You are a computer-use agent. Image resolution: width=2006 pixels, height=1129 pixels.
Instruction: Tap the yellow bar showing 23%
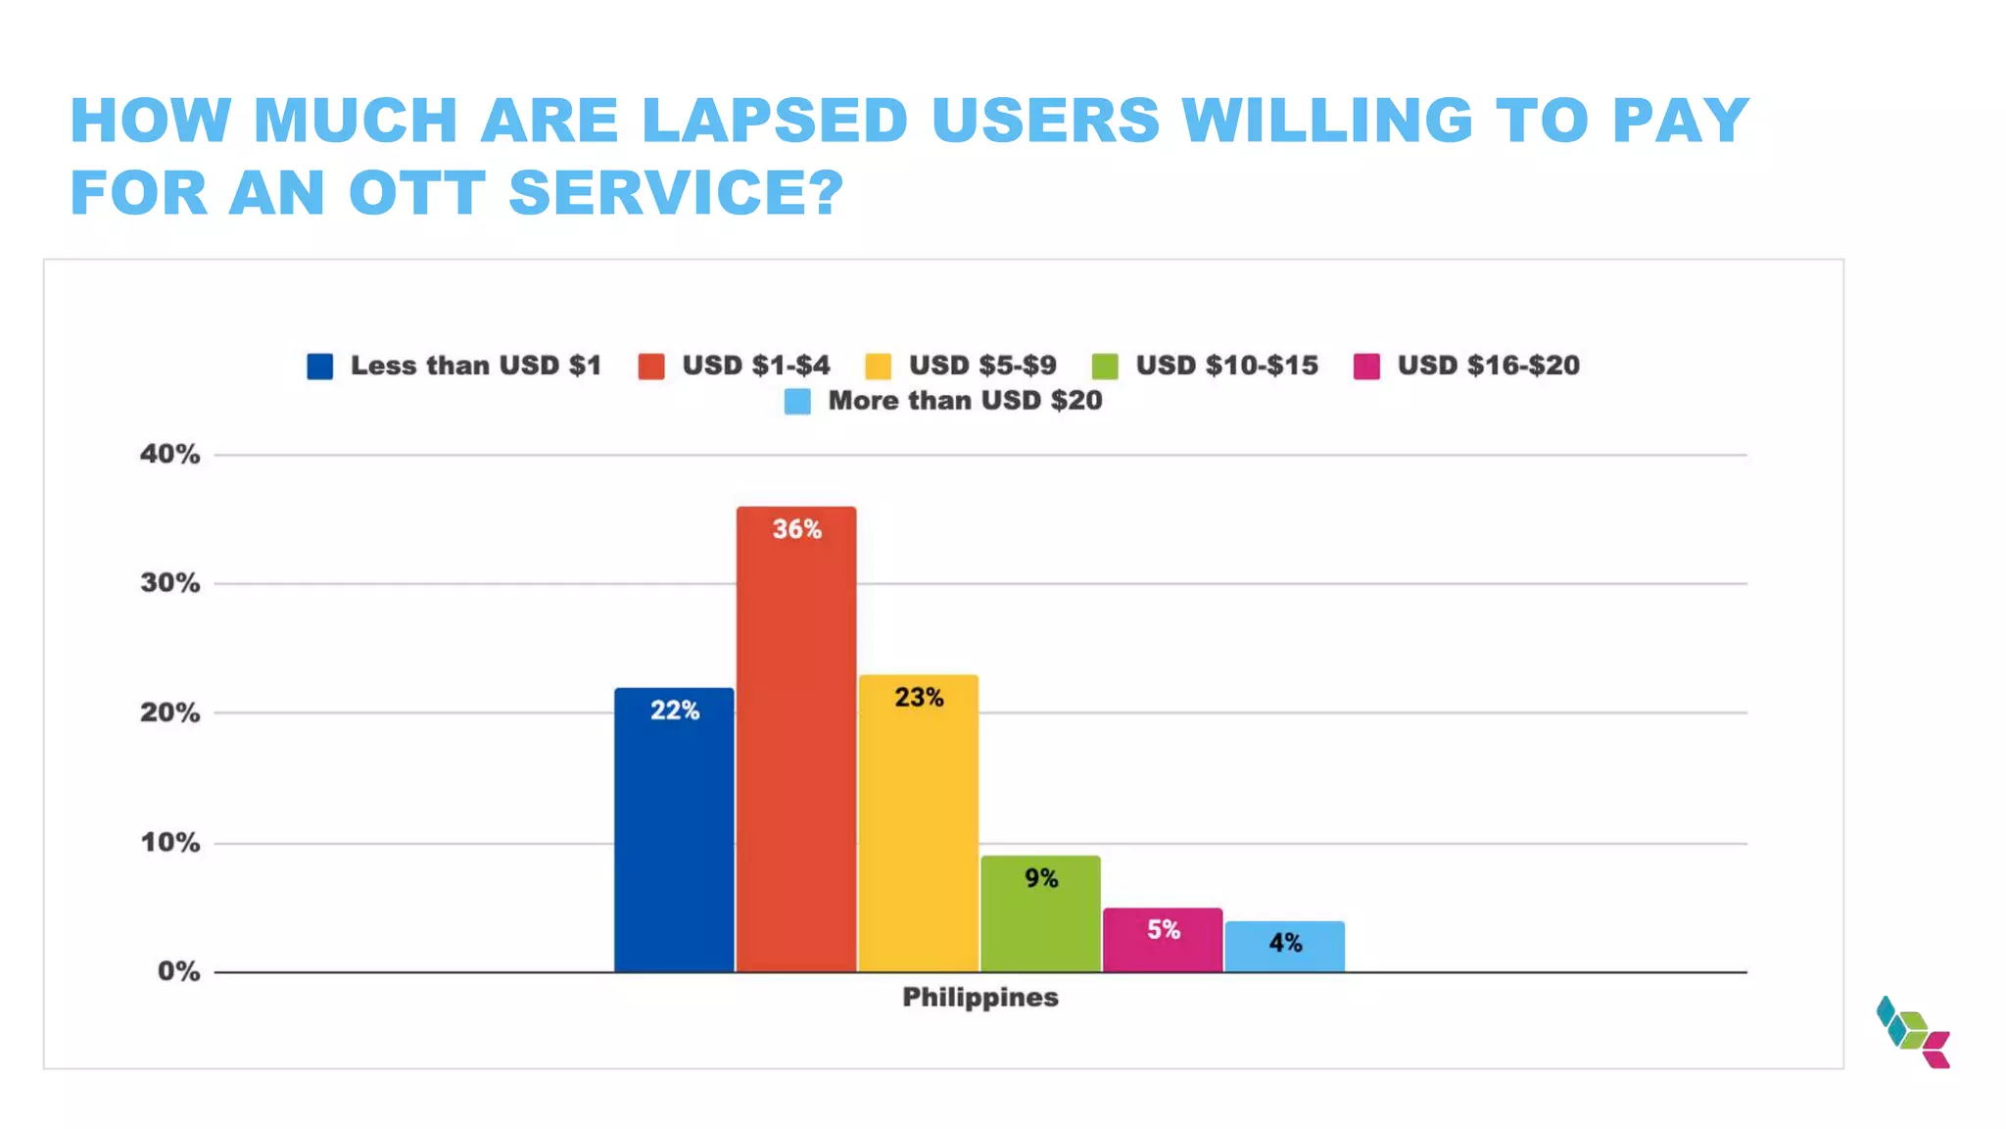pyautogui.click(x=919, y=823)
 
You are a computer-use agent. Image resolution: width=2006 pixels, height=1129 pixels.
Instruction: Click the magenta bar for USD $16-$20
pyautogui.click(x=1163, y=940)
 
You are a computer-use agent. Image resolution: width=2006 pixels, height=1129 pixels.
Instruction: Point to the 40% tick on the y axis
pyautogui.click(x=169, y=454)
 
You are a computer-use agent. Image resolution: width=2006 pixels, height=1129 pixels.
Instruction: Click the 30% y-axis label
pyautogui.click(x=169, y=583)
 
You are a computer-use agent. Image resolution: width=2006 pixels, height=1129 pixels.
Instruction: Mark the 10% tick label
pyautogui.click(x=169, y=843)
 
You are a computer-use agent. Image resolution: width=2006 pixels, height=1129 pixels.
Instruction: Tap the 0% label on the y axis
pyautogui.click(x=178, y=971)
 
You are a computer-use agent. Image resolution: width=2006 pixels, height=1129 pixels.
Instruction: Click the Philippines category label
pyautogui.click(x=979, y=998)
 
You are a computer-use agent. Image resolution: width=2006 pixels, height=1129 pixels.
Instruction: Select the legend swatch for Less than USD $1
pyautogui.click(x=319, y=367)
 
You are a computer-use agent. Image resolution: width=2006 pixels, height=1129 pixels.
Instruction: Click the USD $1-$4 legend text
pyautogui.click(x=755, y=366)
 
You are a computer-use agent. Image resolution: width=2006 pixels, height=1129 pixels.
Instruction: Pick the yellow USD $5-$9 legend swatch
pyautogui.click(x=878, y=367)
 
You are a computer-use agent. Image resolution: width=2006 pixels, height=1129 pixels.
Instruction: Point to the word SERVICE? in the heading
pyautogui.click(x=676, y=192)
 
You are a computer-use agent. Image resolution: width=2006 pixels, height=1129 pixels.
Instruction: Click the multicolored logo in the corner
pyautogui.click(x=1913, y=1032)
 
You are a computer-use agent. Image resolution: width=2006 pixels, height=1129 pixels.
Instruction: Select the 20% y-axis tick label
pyautogui.click(x=169, y=712)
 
